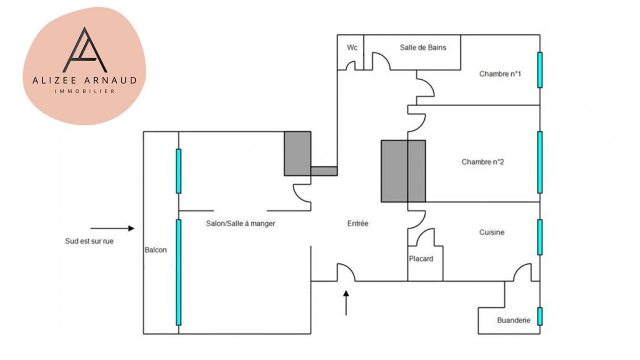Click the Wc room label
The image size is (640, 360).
[352, 47]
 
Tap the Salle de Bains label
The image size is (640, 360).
[423, 47]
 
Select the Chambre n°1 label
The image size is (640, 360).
[500, 74]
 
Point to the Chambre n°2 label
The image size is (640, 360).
[482, 162]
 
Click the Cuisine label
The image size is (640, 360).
[491, 232]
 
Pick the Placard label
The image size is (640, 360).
[421, 259]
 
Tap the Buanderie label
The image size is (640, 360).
[514, 320]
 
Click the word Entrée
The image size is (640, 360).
[358, 223]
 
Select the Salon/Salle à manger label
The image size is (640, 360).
[240, 223]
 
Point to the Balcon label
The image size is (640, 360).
[156, 250]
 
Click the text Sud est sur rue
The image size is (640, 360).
[89, 241]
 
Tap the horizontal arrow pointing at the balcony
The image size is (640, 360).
[112, 228]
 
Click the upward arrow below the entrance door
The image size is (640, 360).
[346, 302]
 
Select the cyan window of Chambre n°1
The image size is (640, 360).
[540, 70]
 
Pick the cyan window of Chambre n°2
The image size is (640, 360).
[540, 162]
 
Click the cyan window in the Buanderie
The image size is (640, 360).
[540, 316]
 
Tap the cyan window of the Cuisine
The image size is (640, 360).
[540, 237]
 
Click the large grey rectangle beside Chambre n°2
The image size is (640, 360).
[403, 171]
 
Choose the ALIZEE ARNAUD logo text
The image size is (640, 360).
[84, 81]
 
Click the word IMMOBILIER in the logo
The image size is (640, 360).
[84, 91]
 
